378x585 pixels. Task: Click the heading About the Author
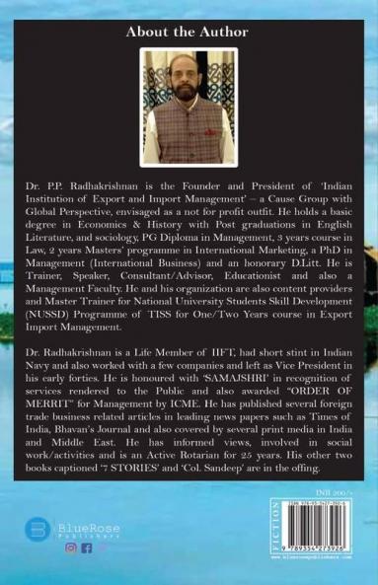click(189, 33)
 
